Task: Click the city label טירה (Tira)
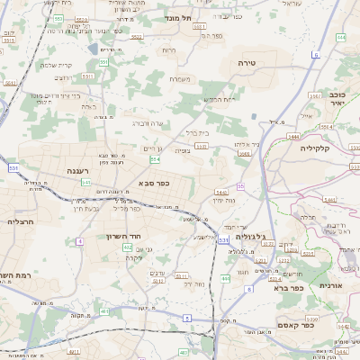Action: coord(247,63)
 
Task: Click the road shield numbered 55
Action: coord(240,186)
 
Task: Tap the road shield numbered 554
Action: coord(155,159)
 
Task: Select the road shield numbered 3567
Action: coord(315,94)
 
